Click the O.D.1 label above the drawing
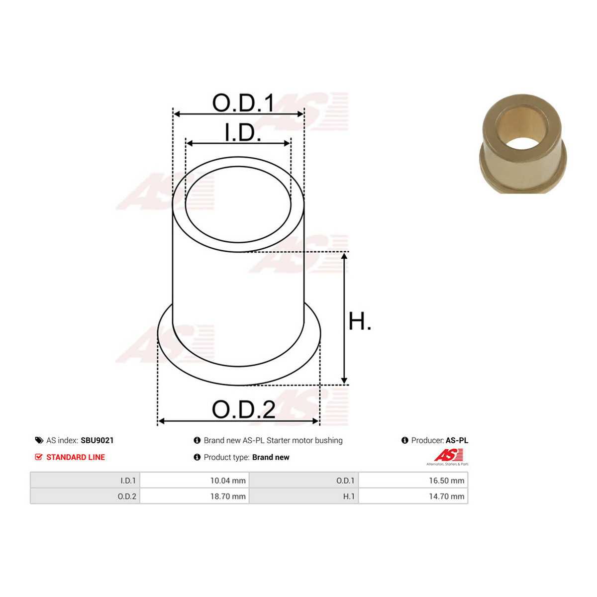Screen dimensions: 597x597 coord(243,102)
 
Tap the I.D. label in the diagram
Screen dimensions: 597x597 coord(243,133)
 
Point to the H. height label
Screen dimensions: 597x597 coord(359,321)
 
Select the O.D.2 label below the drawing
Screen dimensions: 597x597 coord(243,409)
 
